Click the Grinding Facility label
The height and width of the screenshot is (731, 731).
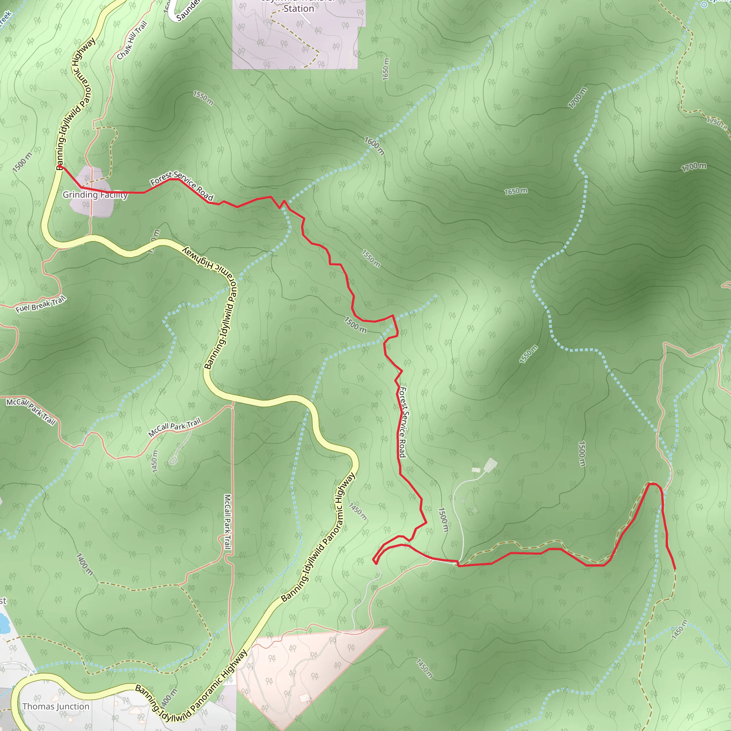(x=95, y=195)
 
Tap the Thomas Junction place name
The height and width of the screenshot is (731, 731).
(x=56, y=706)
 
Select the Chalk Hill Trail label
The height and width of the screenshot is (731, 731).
(x=132, y=40)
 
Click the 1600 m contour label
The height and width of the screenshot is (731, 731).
(x=374, y=146)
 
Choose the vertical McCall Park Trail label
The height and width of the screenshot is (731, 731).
(x=227, y=522)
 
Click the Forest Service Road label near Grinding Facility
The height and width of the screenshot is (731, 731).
(x=182, y=185)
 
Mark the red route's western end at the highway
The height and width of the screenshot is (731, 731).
(x=60, y=166)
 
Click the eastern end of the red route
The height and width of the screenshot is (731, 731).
(x=675, y=569)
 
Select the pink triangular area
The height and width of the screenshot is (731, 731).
(x=303, y=666)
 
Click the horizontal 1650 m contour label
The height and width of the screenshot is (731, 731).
(x=516, y=191)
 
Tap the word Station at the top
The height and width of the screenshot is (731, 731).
(x=298, y=9)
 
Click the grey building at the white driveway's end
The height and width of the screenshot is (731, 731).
(x=490, y=464)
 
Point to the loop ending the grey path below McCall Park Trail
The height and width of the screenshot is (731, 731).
(x=173, y=460)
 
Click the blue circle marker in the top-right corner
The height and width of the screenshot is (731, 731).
(x=704, y=5)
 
